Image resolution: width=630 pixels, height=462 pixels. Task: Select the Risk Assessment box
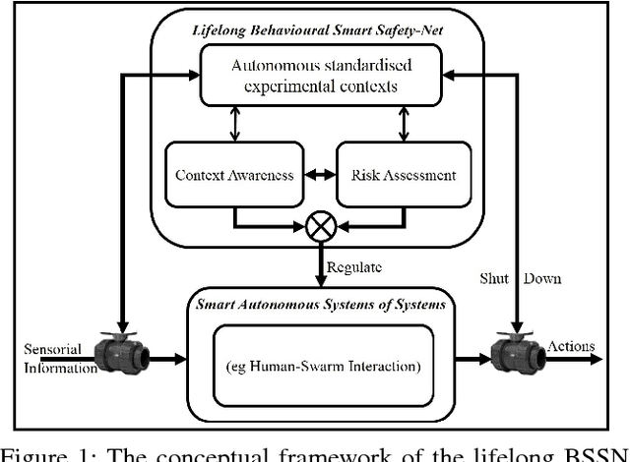coord(403,175)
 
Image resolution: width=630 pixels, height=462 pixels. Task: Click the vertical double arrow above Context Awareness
coord(234,124)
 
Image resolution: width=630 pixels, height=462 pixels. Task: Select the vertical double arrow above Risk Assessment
coord(403,124)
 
